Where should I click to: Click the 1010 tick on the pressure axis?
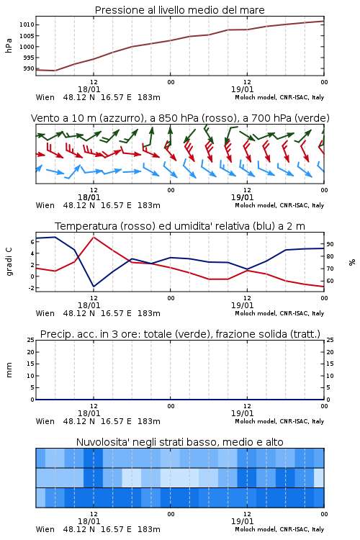[27, 24]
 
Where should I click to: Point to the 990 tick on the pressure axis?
[29, 68]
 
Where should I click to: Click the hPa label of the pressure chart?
[9, 45]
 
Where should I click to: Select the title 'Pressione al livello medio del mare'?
[180, 10]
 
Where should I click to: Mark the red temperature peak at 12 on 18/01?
[94, 237]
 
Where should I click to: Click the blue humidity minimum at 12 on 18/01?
[94, 286]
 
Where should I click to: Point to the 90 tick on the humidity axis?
[330, 244]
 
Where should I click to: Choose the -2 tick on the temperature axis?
[31, 288]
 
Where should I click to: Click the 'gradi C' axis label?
[9, 261]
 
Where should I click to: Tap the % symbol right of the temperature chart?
[352, 262]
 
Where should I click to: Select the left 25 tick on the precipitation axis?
[31, 340]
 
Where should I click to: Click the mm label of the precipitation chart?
[9, 370]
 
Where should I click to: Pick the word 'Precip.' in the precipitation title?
[53, 334]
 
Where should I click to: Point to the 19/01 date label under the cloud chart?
[242, 521]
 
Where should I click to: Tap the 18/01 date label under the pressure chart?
[89, 89]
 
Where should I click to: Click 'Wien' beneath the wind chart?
[45, 205]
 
